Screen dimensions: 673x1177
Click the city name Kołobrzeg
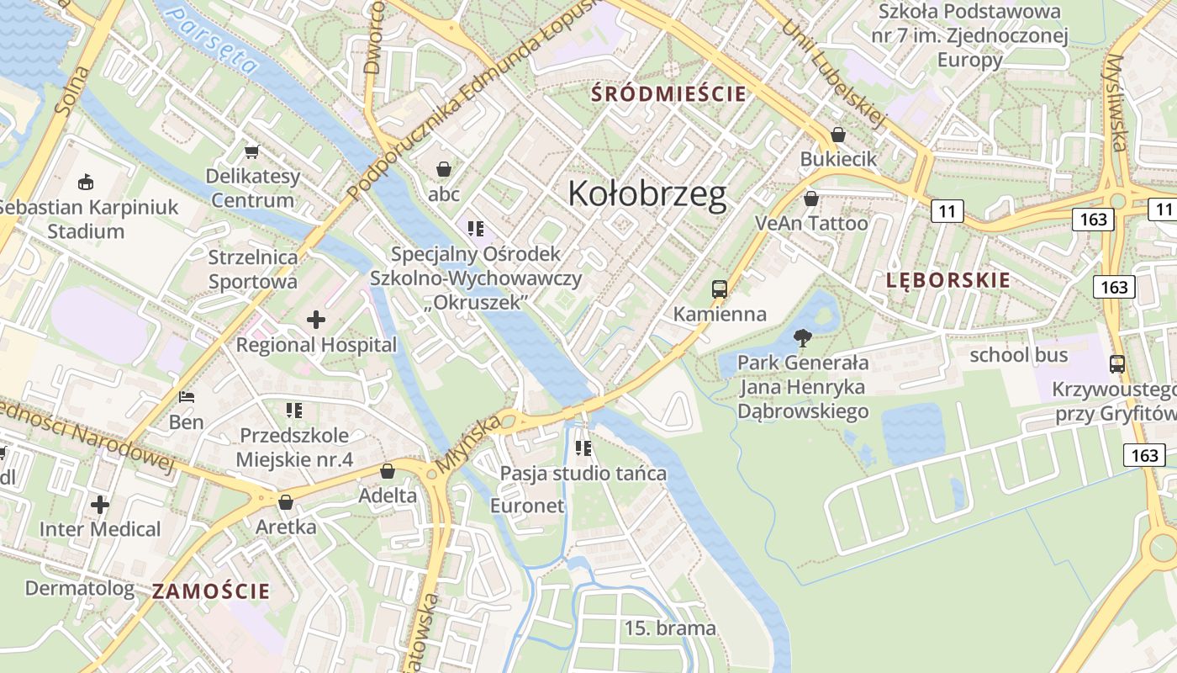pyautogui.click(x=647, y=194)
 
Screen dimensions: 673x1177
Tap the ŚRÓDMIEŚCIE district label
pyautogui.click(x=668, y=93)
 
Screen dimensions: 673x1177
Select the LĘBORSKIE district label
pyautogui.click(x=948, y=281)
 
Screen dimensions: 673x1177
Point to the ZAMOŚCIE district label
pyautogui.click(x=211, y=591)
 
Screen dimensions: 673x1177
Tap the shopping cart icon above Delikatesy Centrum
pyautogui.click(x=251, y=151)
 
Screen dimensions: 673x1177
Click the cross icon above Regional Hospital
pyautogui.click(x=316, y=320)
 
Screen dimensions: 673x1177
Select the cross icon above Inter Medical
pyautogui.click(x=100, y=505)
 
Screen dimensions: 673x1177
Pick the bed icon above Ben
pyautogui.click(x=187, y=397)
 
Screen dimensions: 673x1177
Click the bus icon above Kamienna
pyautogui.click(x=720, y=289)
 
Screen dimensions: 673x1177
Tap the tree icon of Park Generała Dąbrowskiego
pyautogui.click(x=803, y=338)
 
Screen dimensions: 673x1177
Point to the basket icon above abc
pyautogui.click(x=444, y=169)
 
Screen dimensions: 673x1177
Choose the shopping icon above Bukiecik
pyautogui.click(x=838, y=135)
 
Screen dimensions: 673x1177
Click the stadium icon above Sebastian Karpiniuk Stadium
pyautogui.click(x=85, y=181)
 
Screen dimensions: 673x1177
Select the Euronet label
pyautogui.click(x=527, y=506)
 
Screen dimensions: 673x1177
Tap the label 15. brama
pyautogui.click(x=670, y=628)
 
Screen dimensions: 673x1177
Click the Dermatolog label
pyautogui.click(x=79, y=588)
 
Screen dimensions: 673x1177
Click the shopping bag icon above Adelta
pyautogui.click(x=388, y=471)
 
